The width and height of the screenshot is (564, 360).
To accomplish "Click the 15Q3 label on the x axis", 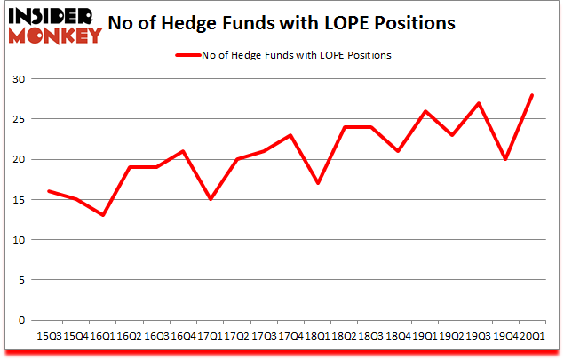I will coord(49,335).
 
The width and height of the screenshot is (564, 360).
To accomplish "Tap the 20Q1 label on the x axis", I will coord(533,335).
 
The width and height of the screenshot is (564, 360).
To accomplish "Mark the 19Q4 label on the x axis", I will coord(506,335).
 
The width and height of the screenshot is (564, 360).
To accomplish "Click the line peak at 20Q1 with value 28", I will coord(533,95).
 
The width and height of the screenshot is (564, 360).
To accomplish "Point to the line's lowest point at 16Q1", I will coord(103,215).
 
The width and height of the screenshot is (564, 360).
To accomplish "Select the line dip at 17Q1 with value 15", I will coord(211,199).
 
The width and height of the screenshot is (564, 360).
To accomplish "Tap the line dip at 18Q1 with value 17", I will coord(318,183).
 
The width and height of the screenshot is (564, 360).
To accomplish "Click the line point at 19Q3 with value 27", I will coord(480,103).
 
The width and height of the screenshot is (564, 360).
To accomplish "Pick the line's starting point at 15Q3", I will coord(49,191).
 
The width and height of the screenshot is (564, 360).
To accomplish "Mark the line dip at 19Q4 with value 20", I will coord(506,159).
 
